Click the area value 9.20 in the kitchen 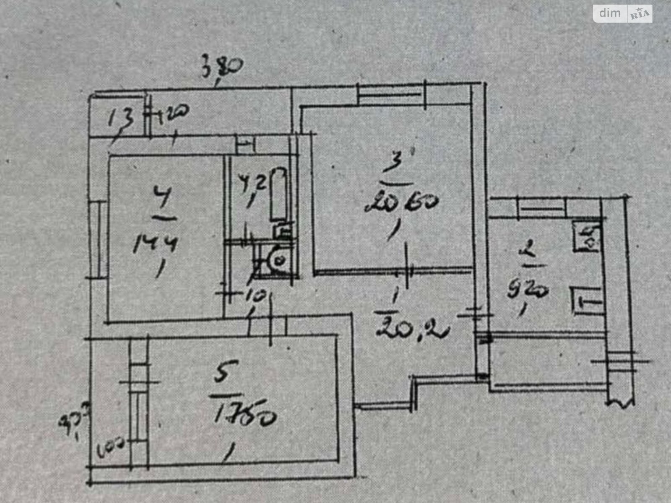[527, 289]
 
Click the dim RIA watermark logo [622, 13]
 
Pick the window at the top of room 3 [390, 94]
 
